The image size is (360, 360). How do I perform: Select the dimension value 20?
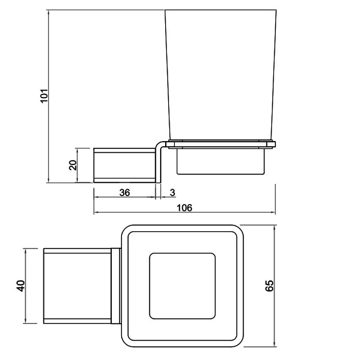73,165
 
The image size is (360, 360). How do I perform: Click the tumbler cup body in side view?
220,76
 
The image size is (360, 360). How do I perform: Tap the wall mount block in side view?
124,165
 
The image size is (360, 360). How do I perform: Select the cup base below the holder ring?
221,161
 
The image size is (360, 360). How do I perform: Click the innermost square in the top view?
182,286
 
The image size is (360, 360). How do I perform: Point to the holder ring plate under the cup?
221,144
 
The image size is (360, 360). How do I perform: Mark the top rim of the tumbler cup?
221,10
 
